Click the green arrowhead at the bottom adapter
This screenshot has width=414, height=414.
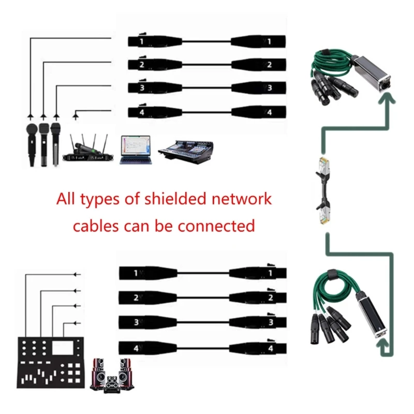383,352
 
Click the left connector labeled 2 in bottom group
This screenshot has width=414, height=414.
147,297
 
